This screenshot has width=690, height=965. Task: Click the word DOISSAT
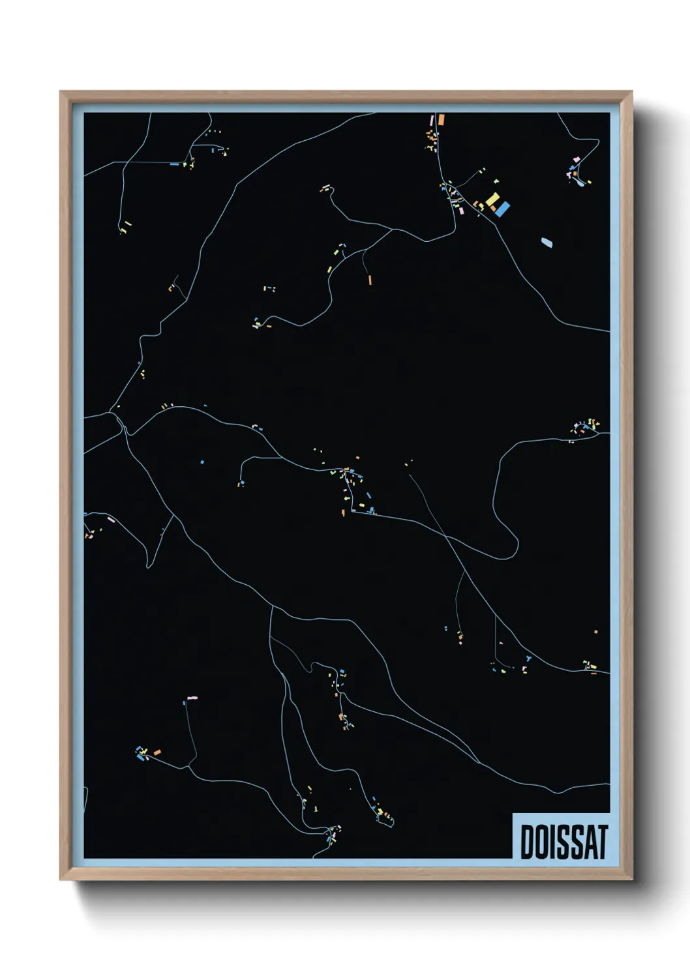point(563,842)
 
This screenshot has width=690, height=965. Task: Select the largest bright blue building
point(502,209)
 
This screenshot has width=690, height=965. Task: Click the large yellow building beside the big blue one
point(493,199)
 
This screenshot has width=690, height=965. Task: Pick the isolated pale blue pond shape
point(547,243)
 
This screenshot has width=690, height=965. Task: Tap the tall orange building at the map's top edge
point(441,119)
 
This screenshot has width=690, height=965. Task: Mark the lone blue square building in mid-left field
point(202,462)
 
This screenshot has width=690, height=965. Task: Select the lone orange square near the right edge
point(596,631)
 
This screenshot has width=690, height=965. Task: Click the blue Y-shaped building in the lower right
point(526,659)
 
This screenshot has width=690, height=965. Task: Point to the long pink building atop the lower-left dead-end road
point(192,698)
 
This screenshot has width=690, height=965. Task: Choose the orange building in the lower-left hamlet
point(157,752)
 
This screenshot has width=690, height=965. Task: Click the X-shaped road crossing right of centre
point(446,537)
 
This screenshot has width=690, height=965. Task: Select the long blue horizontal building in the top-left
point(174,164)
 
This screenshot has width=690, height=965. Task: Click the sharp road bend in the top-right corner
point(597,140)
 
